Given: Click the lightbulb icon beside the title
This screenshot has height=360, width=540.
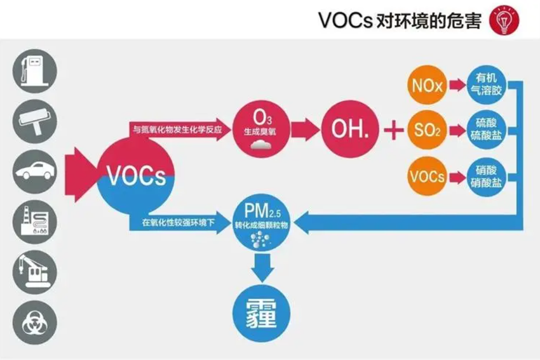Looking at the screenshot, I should click(x=503, y=22).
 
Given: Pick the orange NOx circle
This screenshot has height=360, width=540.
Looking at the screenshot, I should click(x=427, y=85).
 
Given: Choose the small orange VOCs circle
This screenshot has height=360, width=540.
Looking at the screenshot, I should click(x=427, y=176).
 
